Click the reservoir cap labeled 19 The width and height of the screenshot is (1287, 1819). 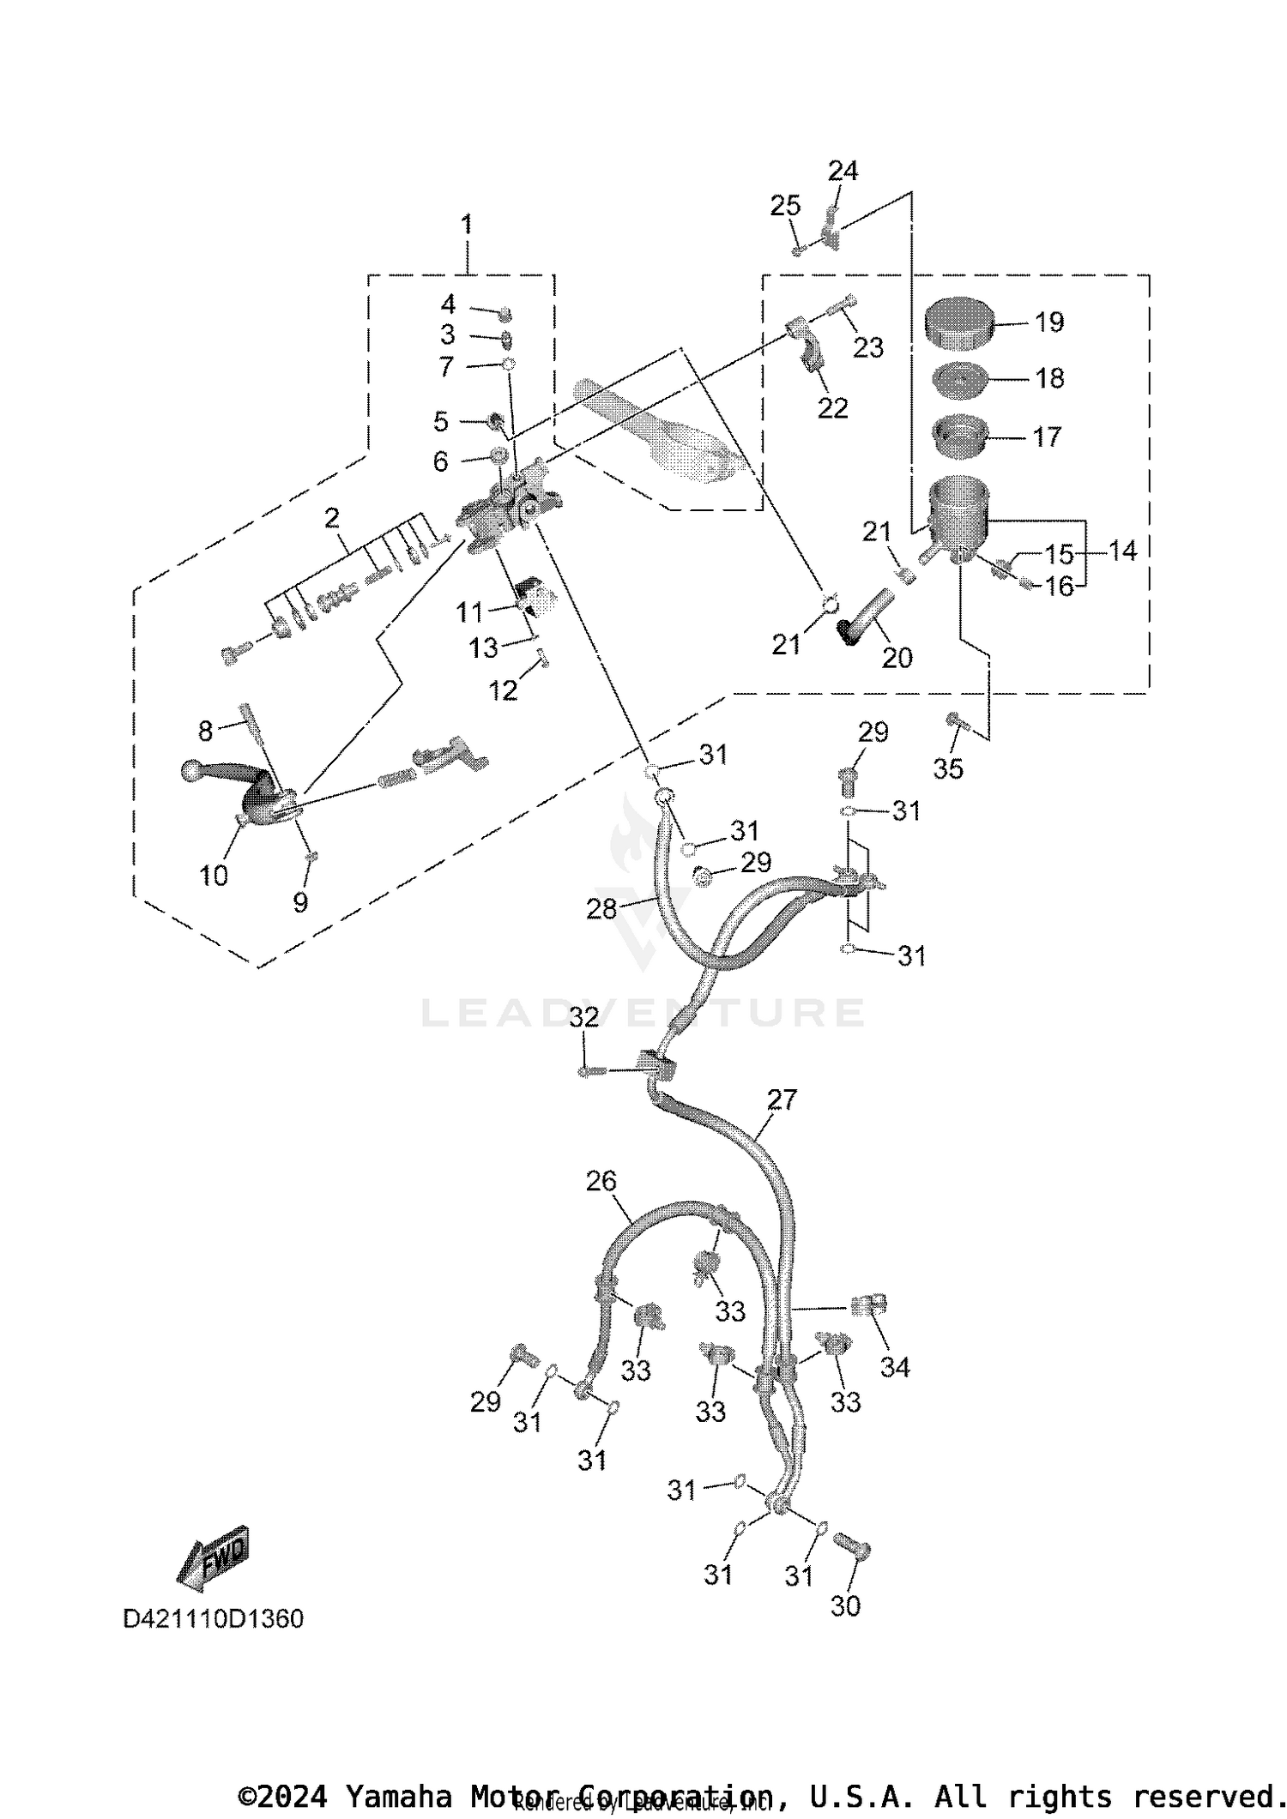958,324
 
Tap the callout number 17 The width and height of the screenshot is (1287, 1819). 1047,437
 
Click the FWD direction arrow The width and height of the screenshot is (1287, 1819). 213,1555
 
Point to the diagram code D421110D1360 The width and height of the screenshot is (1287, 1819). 214,1618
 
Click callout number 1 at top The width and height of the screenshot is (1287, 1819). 466,225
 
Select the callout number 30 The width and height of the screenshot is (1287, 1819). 845,1605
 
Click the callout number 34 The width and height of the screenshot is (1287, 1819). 894,1367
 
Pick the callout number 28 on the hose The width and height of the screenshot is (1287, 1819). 601,908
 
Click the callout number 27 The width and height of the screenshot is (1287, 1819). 782,1099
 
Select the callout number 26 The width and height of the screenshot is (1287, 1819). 601,1181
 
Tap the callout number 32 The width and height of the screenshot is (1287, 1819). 583,1017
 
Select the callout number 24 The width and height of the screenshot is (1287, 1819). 843,171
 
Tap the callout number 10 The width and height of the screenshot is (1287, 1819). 214,876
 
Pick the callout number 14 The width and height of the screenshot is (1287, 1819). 1121,551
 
